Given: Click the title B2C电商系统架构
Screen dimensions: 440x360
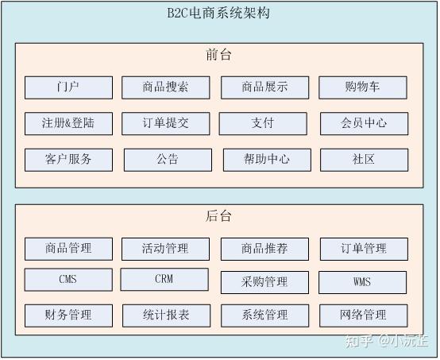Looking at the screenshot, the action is click(218, 13).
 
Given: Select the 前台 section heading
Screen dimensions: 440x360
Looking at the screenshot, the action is click(218, 55).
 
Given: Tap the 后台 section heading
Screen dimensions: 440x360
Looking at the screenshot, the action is click(218, 215).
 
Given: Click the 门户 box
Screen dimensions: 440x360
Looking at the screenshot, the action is click(69, 87).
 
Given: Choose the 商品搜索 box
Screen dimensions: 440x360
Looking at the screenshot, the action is click(166, 87).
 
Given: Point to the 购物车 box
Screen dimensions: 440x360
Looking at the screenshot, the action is click(363, 87).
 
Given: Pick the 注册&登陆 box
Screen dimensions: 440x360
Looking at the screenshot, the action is click(69, 123).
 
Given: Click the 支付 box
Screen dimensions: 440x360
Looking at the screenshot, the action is click(263, 123).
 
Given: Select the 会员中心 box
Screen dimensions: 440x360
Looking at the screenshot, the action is click(365, 123).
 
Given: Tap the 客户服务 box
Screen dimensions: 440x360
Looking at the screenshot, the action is click(69, 160).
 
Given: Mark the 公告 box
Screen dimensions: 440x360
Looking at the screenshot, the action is click(168, 160).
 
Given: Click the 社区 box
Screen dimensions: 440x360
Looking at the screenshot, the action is click(365, 160).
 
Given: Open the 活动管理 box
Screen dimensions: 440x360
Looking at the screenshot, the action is click(165, 249).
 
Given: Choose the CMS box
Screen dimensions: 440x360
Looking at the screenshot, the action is click(68, 280).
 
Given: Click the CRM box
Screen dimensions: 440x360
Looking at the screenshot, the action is click(164, 279).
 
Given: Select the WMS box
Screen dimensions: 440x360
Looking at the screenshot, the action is click(362, 282).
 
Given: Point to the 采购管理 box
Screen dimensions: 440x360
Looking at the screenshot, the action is click(265, 282).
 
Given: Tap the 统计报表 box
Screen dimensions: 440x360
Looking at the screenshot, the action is click(167, 315).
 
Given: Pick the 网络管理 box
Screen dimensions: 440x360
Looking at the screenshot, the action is click(364, 315).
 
